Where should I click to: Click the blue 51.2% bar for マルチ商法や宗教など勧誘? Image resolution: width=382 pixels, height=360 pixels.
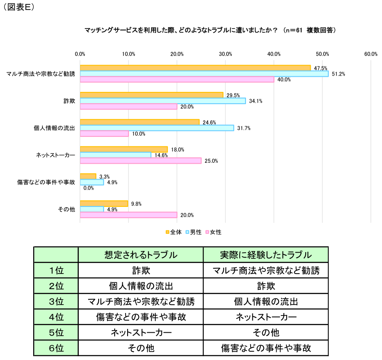click(x=204, y=74)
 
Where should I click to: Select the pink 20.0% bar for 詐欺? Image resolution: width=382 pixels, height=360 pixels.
click(x=128, y=107)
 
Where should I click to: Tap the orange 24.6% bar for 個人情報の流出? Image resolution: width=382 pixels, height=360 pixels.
click(x=140, y=122)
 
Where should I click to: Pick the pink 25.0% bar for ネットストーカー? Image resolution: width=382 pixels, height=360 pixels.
click(x=141, y=161)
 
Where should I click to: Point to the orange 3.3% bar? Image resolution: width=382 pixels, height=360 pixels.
click(x=88, y=176)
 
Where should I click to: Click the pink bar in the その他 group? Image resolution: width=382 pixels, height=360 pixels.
click(x=128, y=215)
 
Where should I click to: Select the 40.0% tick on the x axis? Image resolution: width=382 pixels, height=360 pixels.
click(x=274, y=54)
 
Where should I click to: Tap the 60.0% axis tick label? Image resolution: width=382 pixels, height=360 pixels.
click(x=371, y=54)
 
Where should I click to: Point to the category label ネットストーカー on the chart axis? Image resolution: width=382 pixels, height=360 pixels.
click(x=55, y=155)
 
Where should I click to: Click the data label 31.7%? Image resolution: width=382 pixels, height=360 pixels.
click(x=244, y=128)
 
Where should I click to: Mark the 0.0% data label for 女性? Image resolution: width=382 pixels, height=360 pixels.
click(x=89, y=188)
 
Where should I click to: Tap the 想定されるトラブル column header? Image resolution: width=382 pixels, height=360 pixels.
click(x=141, y=255)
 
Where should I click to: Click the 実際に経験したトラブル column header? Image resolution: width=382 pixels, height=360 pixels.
click(x=266, y=255)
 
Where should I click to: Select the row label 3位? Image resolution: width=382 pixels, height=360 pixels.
click(x=56, y=302)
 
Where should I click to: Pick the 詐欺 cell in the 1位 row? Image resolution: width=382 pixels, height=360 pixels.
click(x=141, y=271)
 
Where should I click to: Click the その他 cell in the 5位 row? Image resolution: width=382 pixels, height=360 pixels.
click(x=266, y=333)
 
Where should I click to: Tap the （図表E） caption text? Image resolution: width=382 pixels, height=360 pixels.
click(x=19, y=8)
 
